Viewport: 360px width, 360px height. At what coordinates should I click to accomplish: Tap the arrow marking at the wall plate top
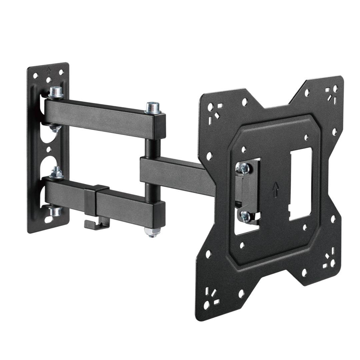coord(49,70)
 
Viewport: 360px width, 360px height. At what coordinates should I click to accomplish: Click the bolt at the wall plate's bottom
coord(55,210)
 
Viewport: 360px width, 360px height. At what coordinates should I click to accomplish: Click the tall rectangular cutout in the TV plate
coord(298,184)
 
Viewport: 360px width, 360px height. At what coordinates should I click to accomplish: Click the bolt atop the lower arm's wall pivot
coord(56,172)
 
